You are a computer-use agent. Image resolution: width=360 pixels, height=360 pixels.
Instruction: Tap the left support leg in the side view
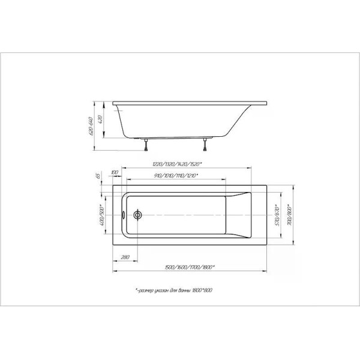click(x=145, y=142)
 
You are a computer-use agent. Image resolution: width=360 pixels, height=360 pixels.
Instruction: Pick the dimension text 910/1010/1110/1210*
click(x=176, y=176)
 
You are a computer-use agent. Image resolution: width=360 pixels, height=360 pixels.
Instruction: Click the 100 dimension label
click(x=115, y=174)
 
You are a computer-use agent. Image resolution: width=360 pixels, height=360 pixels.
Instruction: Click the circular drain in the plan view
click(x=138, y=214)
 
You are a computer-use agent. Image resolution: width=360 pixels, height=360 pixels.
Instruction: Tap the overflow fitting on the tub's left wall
click(x=124, y=214)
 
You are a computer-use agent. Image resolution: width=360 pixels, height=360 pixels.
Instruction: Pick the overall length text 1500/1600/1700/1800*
click(x=189, y=268)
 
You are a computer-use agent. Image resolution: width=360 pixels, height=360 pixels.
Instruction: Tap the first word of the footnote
click(x=148, y=290)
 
